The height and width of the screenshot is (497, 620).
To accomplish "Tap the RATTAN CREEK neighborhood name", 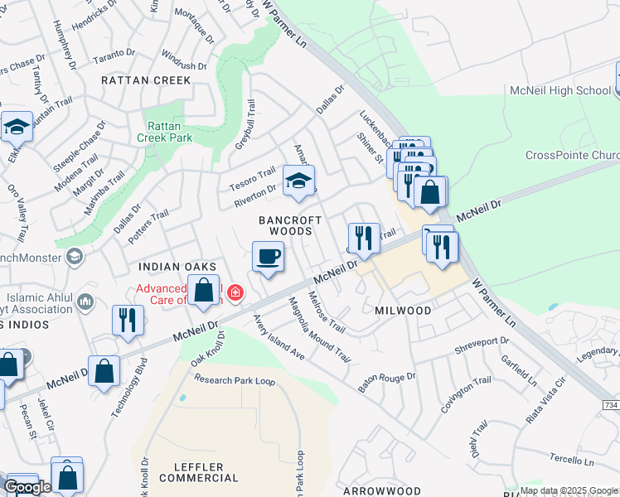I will pyautogui.click(x=146, y=80).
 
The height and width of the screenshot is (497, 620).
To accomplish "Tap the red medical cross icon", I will pyautogui.click(x=235, y=292).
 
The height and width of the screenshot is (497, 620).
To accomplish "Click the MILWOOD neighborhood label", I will pyautogui.click(x=402, y=310).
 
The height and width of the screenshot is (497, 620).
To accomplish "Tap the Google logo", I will pyautogui.click(x=27, y=487).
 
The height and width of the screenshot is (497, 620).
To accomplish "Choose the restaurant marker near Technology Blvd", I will pyautogui.click(x=127, y=319).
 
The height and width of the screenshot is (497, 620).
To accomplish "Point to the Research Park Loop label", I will pyautogui.click(x=235, y=380).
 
